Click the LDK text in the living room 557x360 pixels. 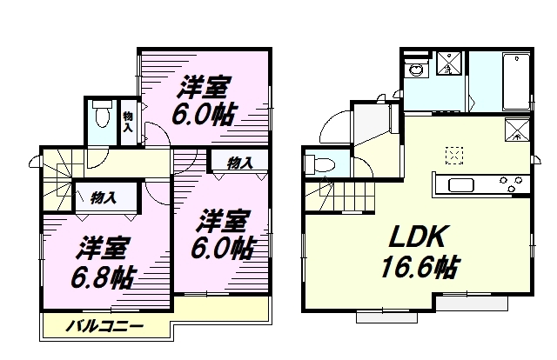pyautogui.click(x=417, y=237)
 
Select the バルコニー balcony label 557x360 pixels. pyautogui.click(x=105, y=326)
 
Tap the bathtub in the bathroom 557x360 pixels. pyautogui.click(x=515, y=82)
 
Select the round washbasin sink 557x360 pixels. pyautogui.click(x=415, y=70)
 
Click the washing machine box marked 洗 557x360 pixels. pyautogui.click(x=449, y=63)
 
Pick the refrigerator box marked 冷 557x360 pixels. pyautogui.click(x=517, y=130)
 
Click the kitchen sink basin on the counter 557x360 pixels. pyautogui.click(x=461, y=185)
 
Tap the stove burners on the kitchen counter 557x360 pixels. pyautogui.click(x=511, y=183)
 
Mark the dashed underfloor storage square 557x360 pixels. pyautogui.click(x=454, y=156)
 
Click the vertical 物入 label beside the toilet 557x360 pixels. pyautogui.click(x=128, y=122)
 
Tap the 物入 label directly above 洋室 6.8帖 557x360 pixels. pyautogui.click(x=104, y=197)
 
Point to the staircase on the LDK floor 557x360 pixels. pyautogui.click(x=339, y=197)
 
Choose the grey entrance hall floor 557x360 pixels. pyautogui.click(x=372, y=123)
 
